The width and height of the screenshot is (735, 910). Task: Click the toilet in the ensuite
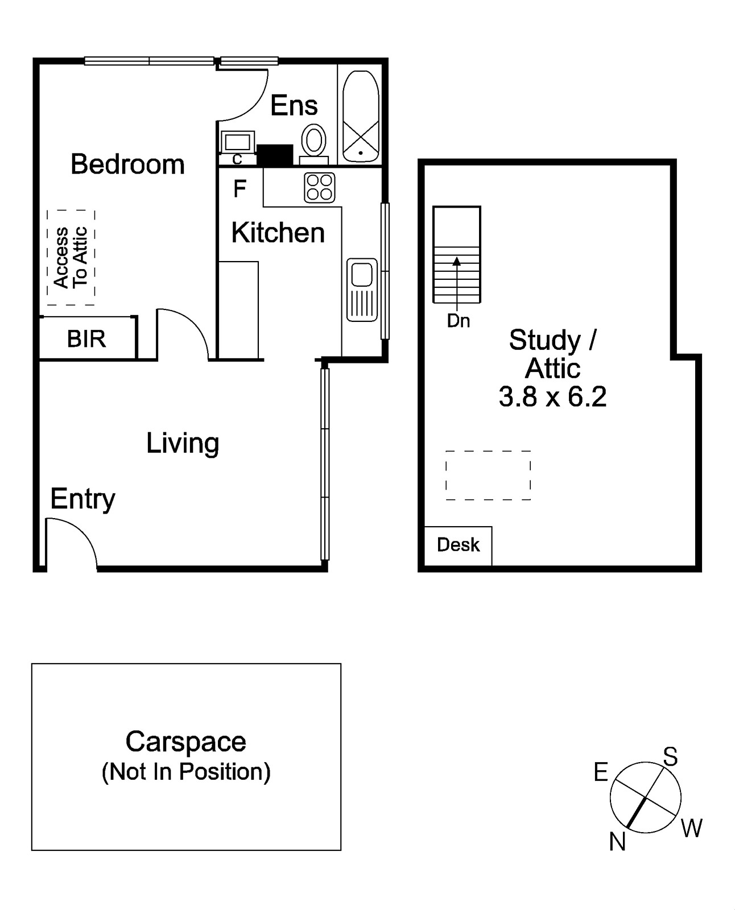313,139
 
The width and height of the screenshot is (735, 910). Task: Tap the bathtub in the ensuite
361,116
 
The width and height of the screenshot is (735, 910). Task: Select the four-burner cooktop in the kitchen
319,188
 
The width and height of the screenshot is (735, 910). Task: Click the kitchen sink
362,289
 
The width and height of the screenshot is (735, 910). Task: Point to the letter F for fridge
240,188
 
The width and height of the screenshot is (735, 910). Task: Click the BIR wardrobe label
86,339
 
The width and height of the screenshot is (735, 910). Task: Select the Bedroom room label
127,164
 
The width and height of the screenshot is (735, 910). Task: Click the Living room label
183,443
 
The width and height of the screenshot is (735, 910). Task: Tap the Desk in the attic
458,545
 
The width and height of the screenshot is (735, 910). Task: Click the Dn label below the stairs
458,321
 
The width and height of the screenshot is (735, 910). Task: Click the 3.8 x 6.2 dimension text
552,396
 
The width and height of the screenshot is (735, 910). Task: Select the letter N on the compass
617,841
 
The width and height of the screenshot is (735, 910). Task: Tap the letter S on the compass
671,757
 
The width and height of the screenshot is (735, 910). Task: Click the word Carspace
185,742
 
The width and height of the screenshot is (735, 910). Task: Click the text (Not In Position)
185,772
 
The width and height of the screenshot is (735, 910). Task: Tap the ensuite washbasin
237,141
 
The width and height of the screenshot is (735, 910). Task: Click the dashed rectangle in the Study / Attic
488,475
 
